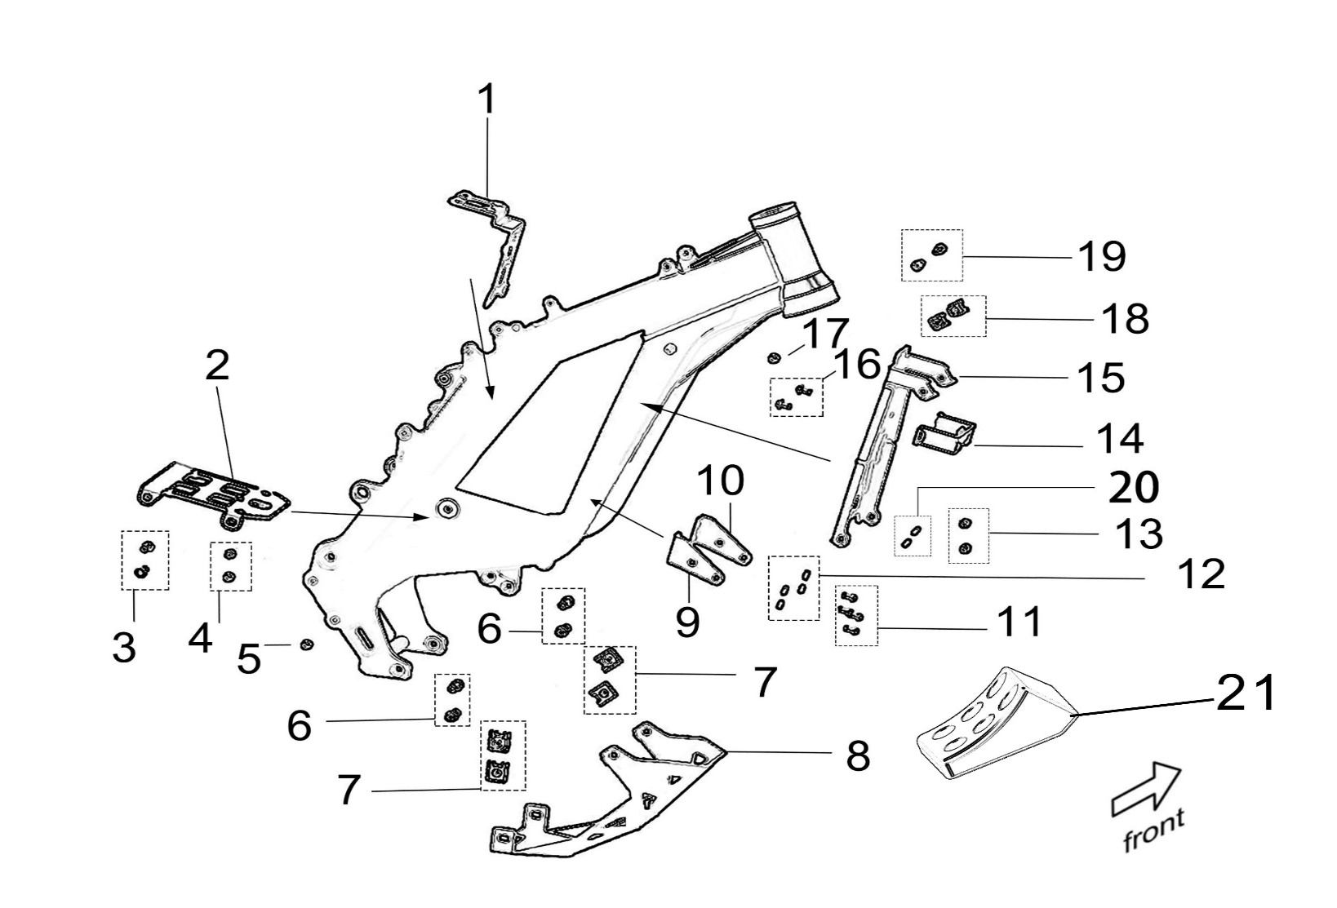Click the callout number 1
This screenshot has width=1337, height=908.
click(486, 100)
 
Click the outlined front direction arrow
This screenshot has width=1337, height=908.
click(1146, 788)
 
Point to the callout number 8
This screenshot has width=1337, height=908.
click(858, 756)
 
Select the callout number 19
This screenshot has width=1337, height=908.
click(1102, 256)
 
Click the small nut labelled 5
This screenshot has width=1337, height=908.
click(308, 645)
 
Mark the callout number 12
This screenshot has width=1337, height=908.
click(1202, 574)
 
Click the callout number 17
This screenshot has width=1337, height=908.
click(825, 333)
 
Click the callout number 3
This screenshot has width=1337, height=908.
click(124, 649)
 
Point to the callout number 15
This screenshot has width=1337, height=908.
click(1101, 377)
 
